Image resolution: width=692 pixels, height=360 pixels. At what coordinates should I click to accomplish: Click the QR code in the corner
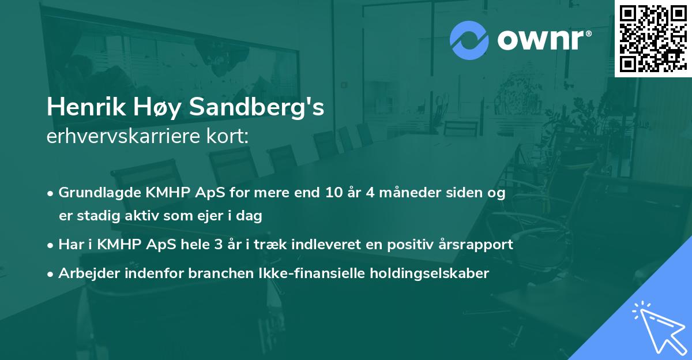click(653, 38)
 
